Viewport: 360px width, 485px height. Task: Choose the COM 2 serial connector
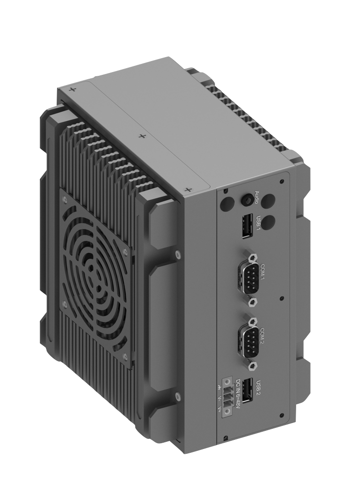coord(248,340)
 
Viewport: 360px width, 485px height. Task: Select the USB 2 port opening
coord(247,390)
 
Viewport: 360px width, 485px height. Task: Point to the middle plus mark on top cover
coord(142,136)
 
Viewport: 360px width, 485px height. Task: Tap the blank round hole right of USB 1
coord(270,222)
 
